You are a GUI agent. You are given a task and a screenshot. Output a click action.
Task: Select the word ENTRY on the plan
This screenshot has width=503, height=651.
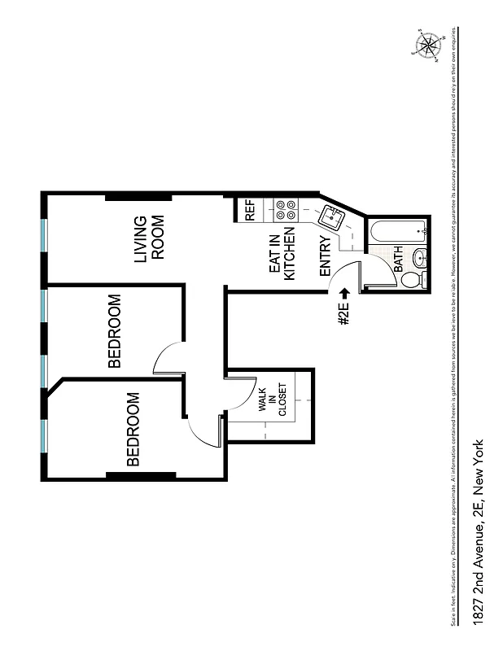tap(325, 257)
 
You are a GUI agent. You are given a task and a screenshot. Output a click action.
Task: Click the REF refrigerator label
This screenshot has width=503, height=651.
tap(250, 211)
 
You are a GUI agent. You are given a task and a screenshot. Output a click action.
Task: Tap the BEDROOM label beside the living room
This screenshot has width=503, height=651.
tap(114, 331)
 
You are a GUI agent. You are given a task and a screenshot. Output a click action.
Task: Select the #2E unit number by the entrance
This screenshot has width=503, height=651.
tap(343, 314)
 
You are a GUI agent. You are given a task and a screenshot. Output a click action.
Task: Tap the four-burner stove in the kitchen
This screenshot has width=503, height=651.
tap(285, 211)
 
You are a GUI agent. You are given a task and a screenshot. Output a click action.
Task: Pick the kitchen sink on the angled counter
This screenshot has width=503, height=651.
tap(332, 217)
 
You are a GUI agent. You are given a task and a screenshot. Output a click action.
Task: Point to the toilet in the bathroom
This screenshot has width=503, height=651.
tap(413, 280)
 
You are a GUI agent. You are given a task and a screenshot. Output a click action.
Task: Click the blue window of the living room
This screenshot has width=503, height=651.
tap(43, 235)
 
